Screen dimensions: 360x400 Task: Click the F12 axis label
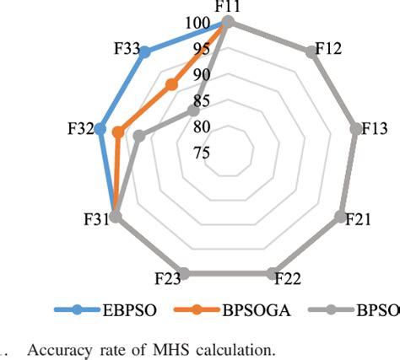(327, 48)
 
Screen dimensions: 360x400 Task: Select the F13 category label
(374, 129)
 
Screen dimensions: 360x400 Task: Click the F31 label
(95, 221)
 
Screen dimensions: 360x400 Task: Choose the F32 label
(81, 129)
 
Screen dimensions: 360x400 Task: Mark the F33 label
(126, 49)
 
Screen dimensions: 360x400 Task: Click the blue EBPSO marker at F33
(145, 52)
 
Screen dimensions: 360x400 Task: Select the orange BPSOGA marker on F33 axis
(171, 83)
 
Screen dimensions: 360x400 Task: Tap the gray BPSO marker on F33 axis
(193, 110)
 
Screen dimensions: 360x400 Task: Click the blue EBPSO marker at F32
(100, 129)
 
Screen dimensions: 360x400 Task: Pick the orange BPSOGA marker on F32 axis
(118, 132)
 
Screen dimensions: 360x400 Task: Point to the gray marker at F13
(356, 129)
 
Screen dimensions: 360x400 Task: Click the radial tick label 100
(198, 24)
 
